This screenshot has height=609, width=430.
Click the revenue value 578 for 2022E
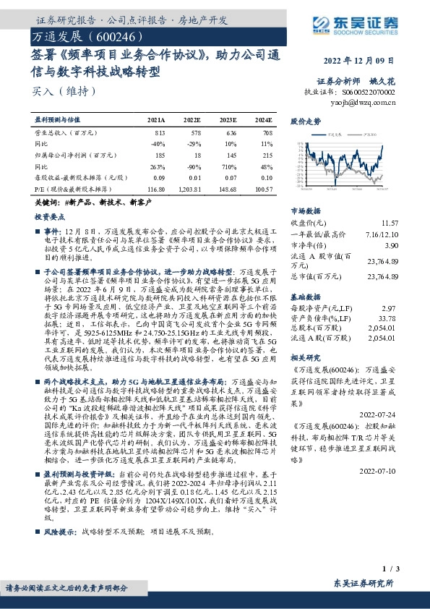point(194,133)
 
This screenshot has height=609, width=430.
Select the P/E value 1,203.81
point(191,188)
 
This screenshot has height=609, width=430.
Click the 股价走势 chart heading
point(305,122)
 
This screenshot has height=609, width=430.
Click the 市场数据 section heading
point(304,210)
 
